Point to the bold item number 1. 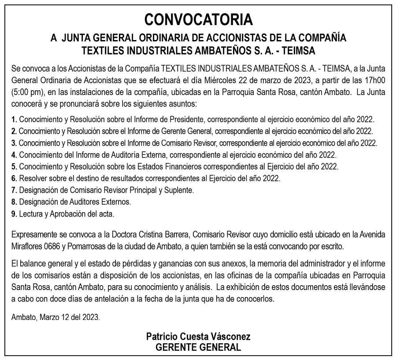pos(15,120)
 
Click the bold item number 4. pos(15,155)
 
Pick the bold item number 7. pos(15,190)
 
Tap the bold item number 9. pos(15,214)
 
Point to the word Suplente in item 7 pos(179,190)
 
